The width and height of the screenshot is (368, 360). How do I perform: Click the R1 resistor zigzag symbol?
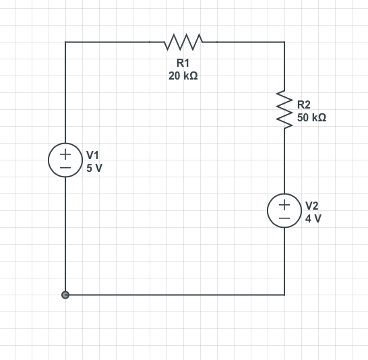(x=183, y=42)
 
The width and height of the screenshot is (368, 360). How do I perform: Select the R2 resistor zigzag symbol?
(x=284, y=109)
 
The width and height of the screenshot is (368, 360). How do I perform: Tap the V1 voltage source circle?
(x=65, y=160)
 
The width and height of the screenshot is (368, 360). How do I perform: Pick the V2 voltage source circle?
(x=284, y=210)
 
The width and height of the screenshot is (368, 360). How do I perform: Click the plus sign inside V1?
(x=65, y=153)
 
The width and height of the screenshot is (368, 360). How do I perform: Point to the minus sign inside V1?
(x=65, y=168)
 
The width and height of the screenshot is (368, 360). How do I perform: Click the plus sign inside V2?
(x=284, y=203)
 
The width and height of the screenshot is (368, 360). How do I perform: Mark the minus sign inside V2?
(x=284, y=218)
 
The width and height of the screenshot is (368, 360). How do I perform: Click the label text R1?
(x=183, y=63)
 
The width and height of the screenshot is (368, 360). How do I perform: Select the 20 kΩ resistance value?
(x=183, y=76)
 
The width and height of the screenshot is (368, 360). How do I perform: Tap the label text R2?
(x=304, y=104)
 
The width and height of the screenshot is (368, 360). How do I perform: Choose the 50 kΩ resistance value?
(x=311, y=117)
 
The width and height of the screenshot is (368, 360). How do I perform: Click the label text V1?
(x=93, y=154)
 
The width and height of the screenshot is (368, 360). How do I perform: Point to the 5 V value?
(x=94, y=168)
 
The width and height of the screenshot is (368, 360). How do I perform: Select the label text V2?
(x=312, y=205)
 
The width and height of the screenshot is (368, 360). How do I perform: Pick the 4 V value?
(x=313, y=218)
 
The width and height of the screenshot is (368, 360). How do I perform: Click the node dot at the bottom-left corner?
(x=65, y=295)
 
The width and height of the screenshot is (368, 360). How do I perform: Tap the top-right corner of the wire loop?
(x=284, y=42)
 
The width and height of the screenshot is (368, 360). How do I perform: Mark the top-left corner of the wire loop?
(x=65, y=42)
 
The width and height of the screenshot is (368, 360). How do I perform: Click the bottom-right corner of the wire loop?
(x=284, y=295)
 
